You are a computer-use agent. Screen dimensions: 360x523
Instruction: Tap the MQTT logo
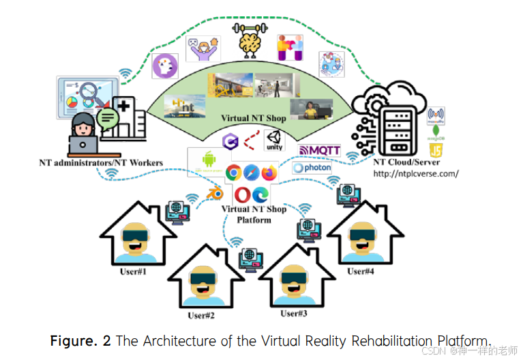(320, 150)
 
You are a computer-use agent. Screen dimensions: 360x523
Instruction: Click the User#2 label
(201, 315)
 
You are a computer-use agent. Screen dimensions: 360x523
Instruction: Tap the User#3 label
(294, 314)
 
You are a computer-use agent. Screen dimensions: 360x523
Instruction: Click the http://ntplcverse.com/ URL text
(415, 173)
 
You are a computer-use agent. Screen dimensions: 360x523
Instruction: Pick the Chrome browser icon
(234, 172)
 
